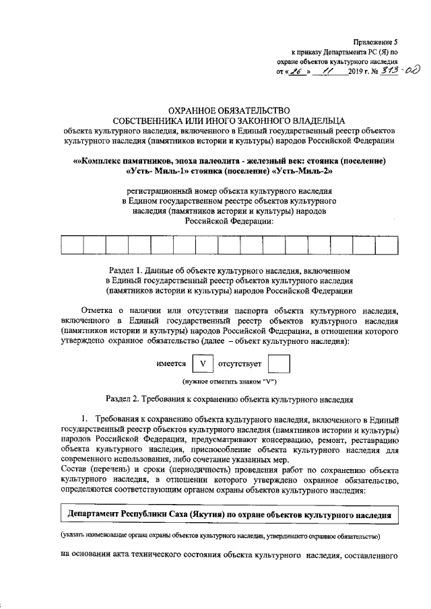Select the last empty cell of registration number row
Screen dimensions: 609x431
point(386,245)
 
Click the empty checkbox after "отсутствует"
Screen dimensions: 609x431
point(278,364)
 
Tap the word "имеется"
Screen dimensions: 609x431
point(171,364)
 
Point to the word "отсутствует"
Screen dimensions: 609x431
point(240,364)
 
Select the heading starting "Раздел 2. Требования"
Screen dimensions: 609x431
point(228,398)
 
